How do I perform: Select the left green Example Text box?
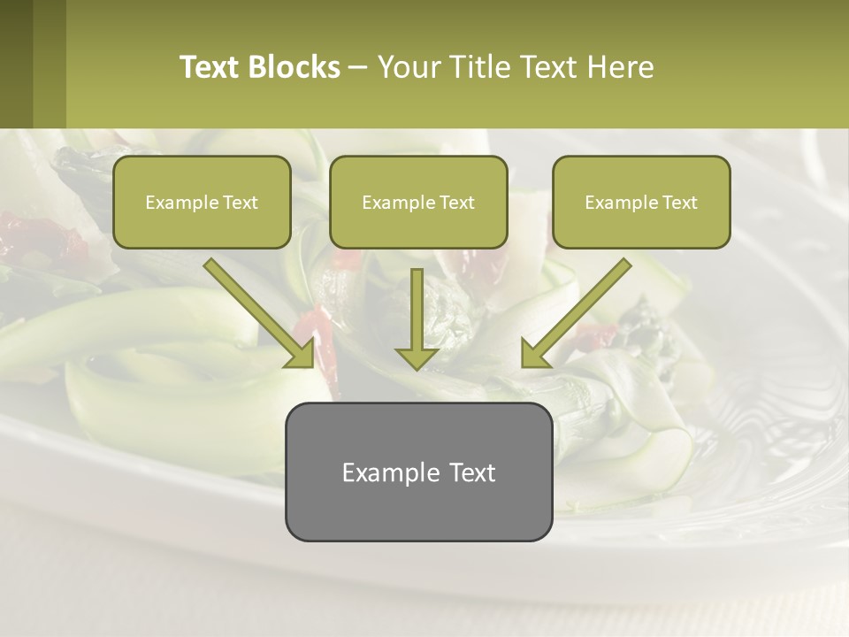tap(202, 202)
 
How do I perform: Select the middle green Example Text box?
tap(418, 202)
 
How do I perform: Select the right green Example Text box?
tap(641, 202)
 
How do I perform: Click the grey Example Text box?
tap(418, 472)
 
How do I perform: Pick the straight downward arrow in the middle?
tap(417, 318)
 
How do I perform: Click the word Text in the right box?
tap(679, 203)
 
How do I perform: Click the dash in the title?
tap(358, 67)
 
